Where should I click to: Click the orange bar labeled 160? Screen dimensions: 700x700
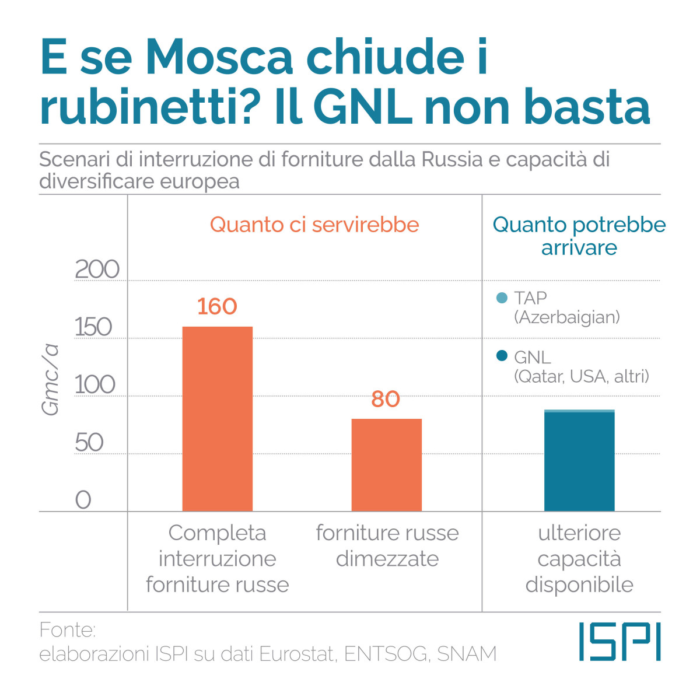[x=217, y=419]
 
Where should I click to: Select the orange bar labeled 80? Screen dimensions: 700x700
[x=386, y=465]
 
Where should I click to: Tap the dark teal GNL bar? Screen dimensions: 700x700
[x=579, y=462]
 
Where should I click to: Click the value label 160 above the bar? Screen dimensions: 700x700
[x=217, y=306]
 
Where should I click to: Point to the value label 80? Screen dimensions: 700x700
[x=386, y=399]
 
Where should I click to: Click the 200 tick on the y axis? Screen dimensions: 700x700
[x=97, y=269]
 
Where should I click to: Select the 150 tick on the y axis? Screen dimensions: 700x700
[x=93, y=327]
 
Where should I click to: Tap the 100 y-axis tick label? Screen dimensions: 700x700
[x=96, y=385]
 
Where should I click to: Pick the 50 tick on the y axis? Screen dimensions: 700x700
[x=89, y=443]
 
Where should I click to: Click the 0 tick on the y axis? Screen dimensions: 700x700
[x=83, y=500]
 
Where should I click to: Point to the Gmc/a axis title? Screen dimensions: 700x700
[x=51, y=379]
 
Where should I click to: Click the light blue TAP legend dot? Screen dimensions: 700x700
[x=502, y=298]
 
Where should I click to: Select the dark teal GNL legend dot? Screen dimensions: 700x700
[x=502, y=356]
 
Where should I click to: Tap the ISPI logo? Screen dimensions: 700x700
[x=619, y=642]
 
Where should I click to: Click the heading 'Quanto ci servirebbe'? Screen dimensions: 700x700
[x=314, y=225]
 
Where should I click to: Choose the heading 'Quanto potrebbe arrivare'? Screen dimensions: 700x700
[x=579, y=236]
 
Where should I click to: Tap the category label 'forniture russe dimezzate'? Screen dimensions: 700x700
[x=387, y=545]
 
